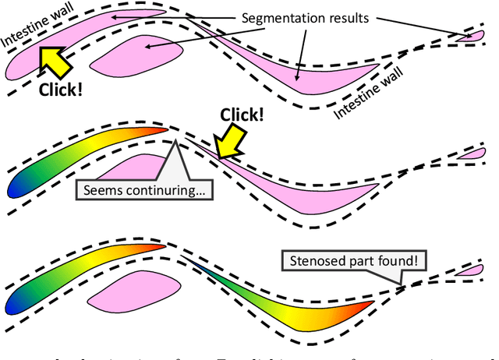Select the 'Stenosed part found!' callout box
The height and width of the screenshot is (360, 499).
[x=353, y=261]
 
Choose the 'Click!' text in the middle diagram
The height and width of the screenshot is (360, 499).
[x=240, y=115]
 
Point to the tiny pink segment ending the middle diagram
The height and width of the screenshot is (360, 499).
[x=470, y=156]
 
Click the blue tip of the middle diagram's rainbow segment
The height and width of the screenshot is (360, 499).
[x=17, y=187]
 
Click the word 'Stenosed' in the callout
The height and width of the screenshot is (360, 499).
[x=316, y=261]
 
